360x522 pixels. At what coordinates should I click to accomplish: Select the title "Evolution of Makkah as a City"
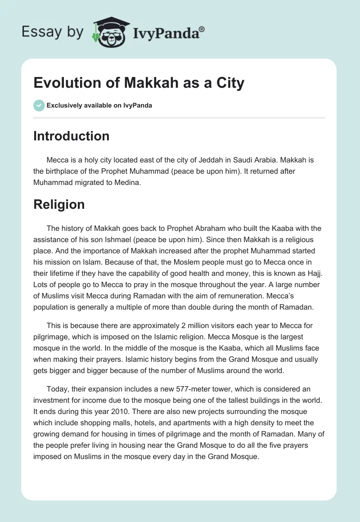(x=139, y=83)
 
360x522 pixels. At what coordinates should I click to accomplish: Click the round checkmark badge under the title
(x=39, y=105)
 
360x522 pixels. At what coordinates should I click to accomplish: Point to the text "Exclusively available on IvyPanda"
(x=99, y=105)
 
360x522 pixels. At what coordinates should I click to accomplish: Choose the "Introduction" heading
(x=71, y=136)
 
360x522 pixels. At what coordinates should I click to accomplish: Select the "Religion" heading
(x=59, y=204)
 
